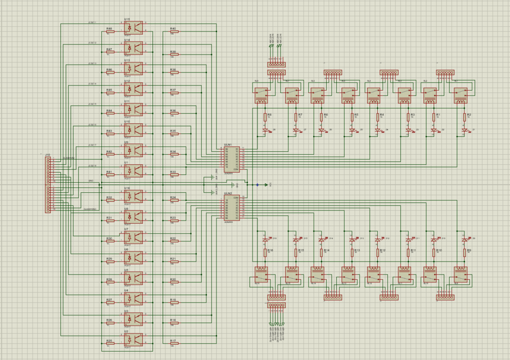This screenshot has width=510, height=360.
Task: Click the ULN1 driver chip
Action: coord(232,159)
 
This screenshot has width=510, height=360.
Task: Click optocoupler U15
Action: coord(133,28)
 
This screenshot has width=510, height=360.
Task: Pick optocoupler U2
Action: coord(133,340)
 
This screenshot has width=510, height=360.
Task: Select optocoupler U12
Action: coord(133,89)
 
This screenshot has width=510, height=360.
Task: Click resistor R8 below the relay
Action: coord(265,118)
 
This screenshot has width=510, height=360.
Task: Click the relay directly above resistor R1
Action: coord(431,94)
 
